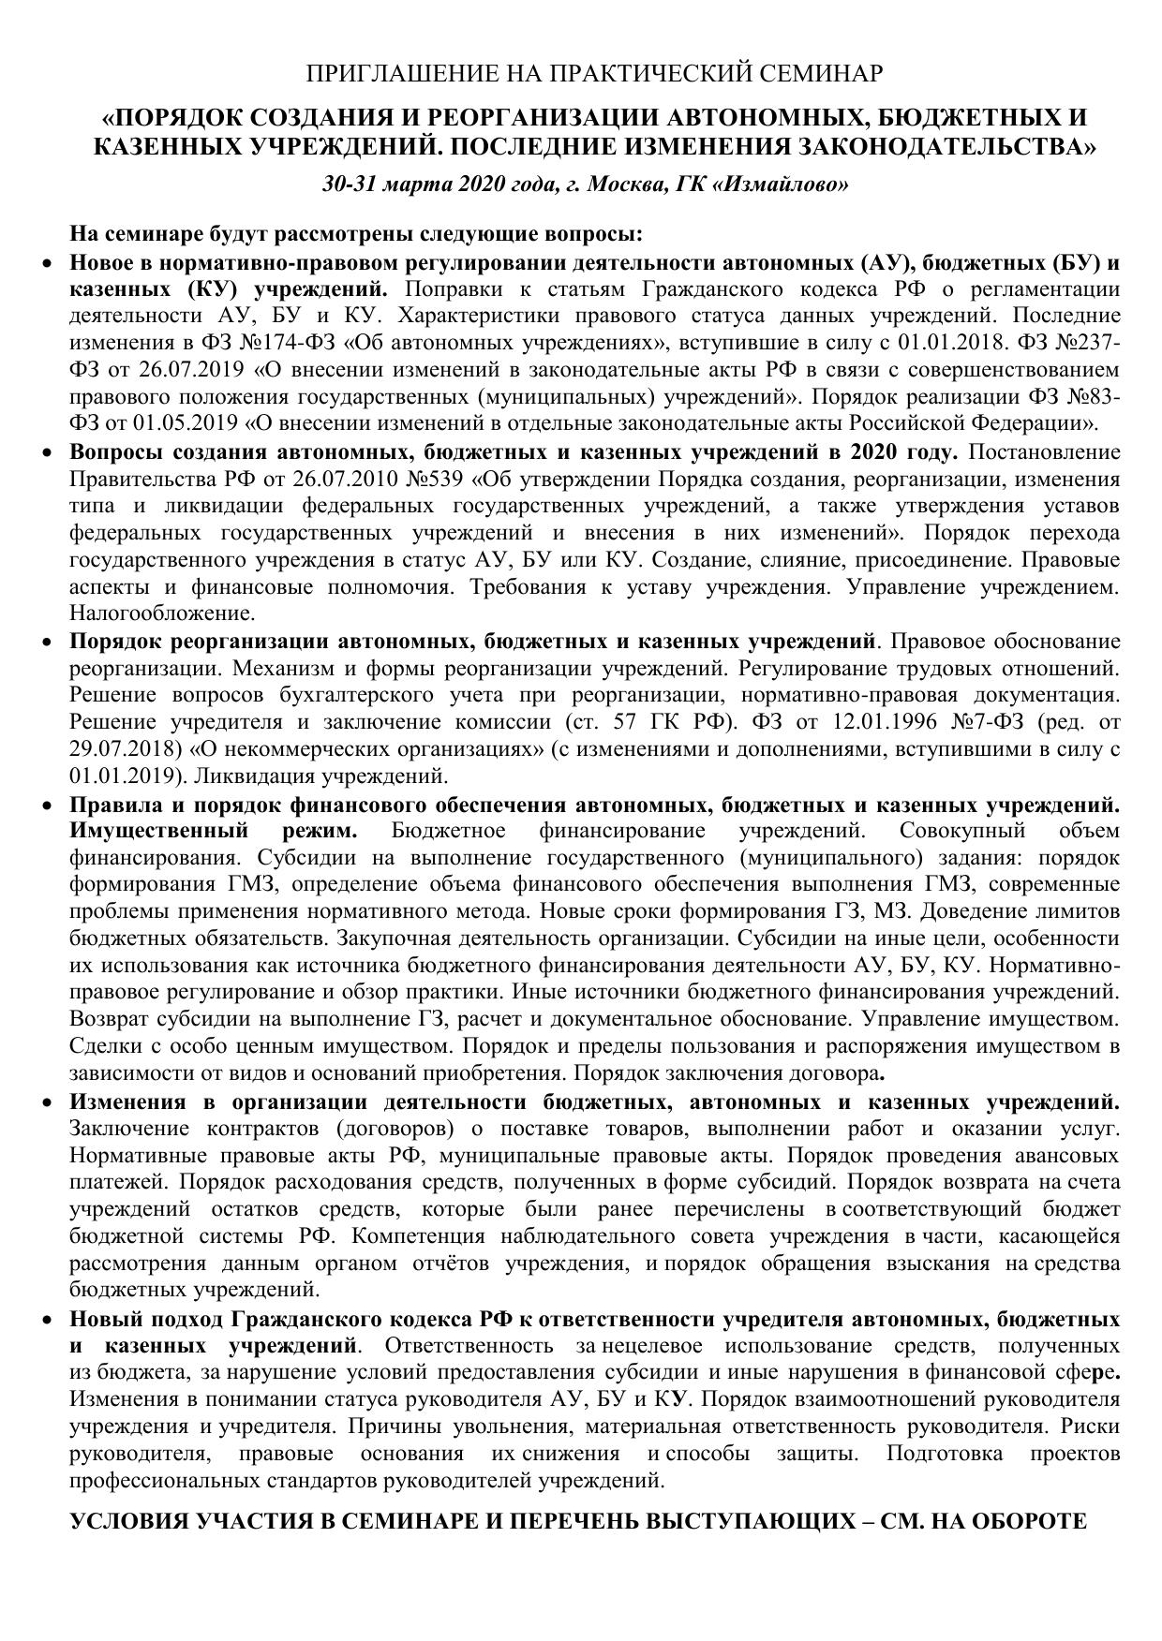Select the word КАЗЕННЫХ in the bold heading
(x=167, y=146)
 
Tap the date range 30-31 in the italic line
(x=350, y=184)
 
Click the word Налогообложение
(x=161, y=614)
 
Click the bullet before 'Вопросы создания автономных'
(x=50, y=452)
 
